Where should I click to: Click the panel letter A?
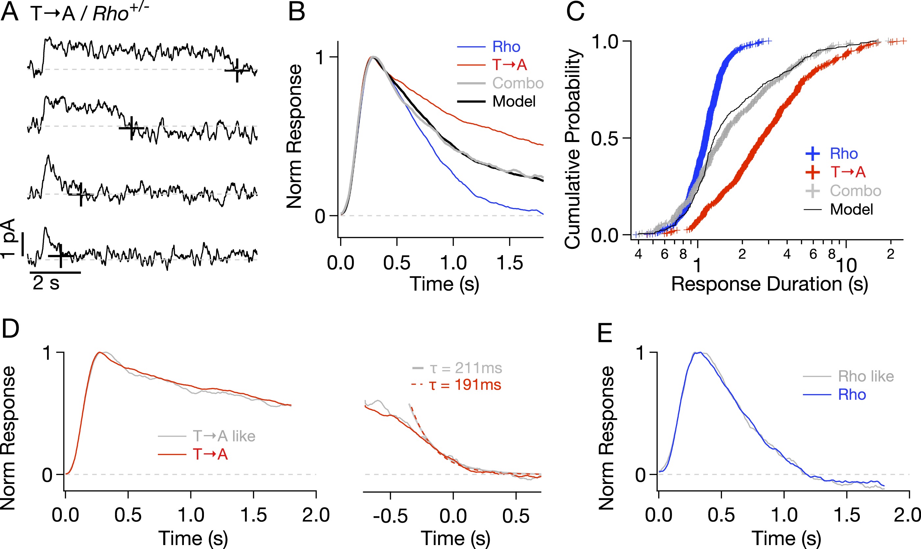pos(10,12)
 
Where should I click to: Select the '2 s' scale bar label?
pos(46,283)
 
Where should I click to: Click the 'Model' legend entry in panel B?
pos(514,101)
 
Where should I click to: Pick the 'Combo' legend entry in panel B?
pos(517,83)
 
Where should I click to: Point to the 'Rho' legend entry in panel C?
pos(844,154)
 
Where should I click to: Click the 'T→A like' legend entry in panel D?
pos(224,436)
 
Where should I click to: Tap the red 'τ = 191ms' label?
pos(465,385)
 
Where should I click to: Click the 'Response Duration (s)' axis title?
pos(769,284)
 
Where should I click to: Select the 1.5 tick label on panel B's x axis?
pos(510,263)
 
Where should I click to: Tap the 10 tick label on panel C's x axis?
pos(846,266)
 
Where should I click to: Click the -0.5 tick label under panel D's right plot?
pos(390,516)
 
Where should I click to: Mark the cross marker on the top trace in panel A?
pos(237,70)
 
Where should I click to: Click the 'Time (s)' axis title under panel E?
pos(786,538)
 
